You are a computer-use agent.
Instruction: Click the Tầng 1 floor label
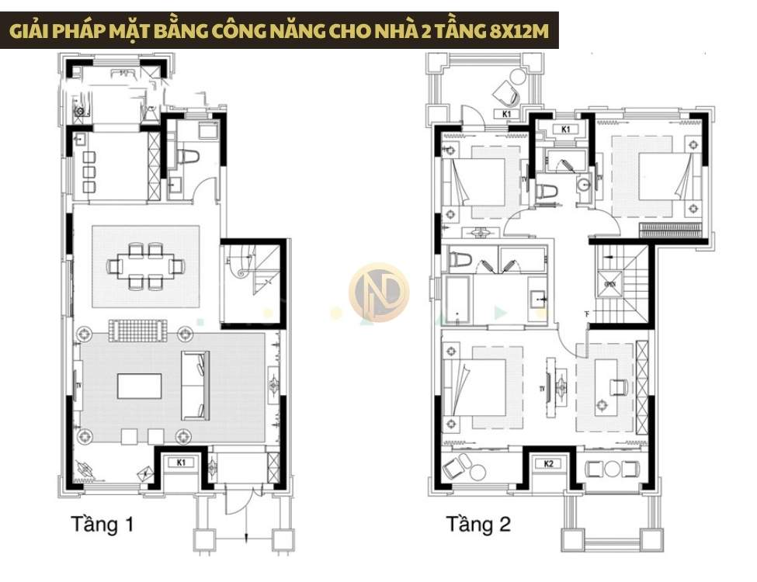tap(102, 525)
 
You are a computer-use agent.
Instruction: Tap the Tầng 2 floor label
tap(478, 525)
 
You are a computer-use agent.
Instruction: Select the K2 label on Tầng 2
tap(549, 464)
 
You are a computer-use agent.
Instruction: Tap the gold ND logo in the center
tap(378, 292)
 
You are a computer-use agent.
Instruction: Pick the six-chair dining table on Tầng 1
tap(146, 266)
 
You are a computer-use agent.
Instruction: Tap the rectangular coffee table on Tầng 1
tap(140, 386)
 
